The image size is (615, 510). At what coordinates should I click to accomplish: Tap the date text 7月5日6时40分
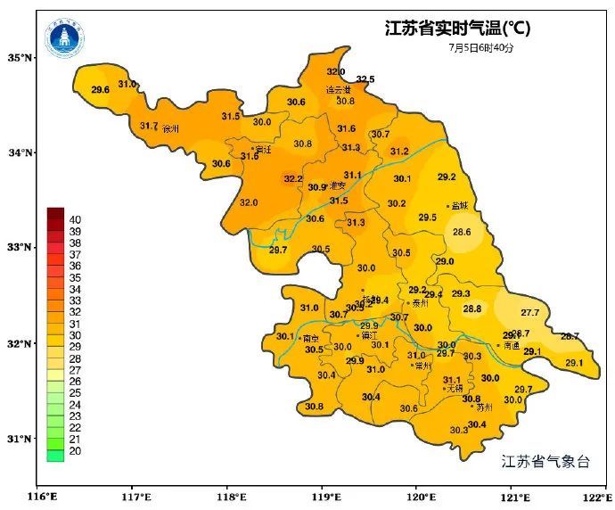point(481,47)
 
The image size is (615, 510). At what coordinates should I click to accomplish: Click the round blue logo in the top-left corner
point(64,37)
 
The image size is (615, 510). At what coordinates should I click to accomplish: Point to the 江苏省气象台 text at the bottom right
point(545,461)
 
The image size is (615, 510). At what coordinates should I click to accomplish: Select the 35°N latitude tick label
point(20,58)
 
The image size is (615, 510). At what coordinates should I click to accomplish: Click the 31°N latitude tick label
point(20,439)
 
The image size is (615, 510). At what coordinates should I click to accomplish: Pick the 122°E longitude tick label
point(595,498)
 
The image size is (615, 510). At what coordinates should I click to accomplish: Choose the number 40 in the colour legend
point(75,219)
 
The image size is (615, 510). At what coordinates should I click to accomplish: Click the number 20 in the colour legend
point(75,452)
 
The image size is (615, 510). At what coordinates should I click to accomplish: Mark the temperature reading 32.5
point(365,80)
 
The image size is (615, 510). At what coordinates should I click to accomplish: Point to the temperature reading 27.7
point(530,313)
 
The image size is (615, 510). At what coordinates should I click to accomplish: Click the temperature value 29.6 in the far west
point(100,90)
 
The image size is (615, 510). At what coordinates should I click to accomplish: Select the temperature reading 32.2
point(293,179)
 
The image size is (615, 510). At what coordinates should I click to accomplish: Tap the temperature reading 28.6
point(462,233)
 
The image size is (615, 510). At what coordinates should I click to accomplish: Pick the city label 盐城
point(460,206)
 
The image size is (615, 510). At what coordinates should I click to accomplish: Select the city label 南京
point(311,339)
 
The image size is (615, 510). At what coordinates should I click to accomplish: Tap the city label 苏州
point(485,407)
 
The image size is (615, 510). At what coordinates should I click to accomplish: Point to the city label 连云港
point(338,90)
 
